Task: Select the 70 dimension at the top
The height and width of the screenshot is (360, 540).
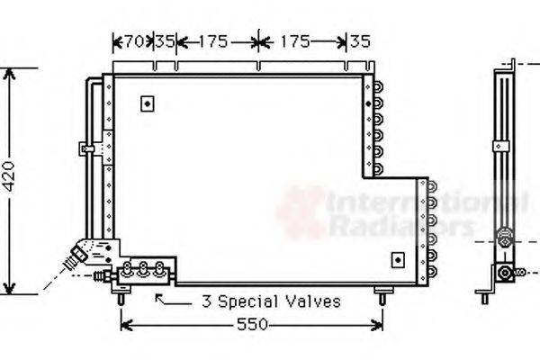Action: pyautogui.click(x=133, y=40)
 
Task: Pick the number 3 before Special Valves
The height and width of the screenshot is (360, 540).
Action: pyautogui.click(x=205, y=301)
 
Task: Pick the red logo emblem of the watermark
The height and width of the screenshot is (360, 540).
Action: pyautogui.click(x=301, y=212)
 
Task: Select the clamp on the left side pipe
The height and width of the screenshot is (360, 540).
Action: pyautogui.click(x=87, y=148)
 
